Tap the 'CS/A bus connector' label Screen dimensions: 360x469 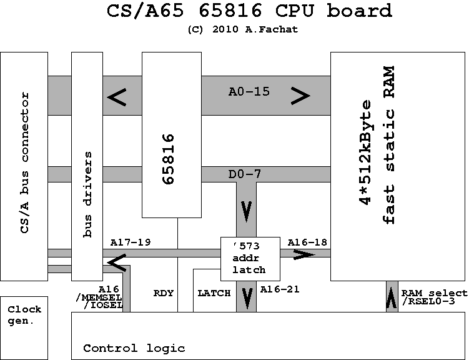point(25,163)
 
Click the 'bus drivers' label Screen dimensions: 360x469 point(87,194)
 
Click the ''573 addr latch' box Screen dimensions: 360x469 point(250,258)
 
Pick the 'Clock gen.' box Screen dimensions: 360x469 point(24,315)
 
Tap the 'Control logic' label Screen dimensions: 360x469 point(134,348)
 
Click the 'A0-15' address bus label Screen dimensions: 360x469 point(249,92)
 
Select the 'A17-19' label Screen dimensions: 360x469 point(130,241)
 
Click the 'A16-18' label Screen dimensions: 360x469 point(307,241)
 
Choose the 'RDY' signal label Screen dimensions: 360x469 point(163,292)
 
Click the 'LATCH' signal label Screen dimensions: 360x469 point(214,292)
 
